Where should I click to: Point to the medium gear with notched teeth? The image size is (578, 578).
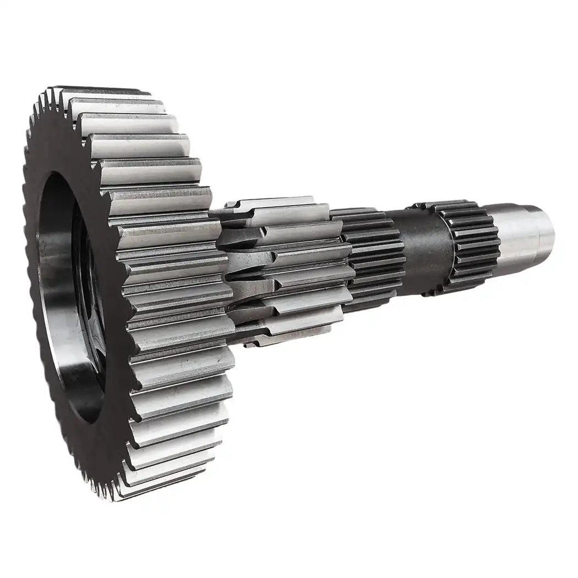click(x=286, y=270)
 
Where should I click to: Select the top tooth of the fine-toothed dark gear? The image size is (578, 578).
click(x=358, y=212)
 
